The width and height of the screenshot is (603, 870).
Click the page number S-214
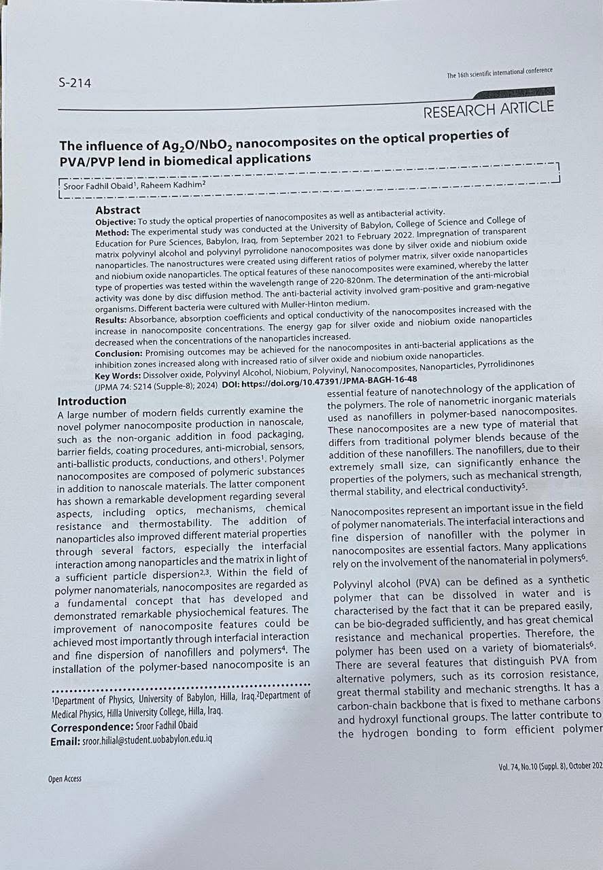[x=75, y=84]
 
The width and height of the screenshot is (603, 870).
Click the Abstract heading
[x=118, y=210]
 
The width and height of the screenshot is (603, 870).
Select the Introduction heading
[x=92, y=401]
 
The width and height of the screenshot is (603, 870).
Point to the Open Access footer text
[x=65, y=779]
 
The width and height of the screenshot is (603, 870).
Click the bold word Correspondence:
[x=88, y=727]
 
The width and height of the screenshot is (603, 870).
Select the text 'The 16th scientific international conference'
[x=500, y=73]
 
